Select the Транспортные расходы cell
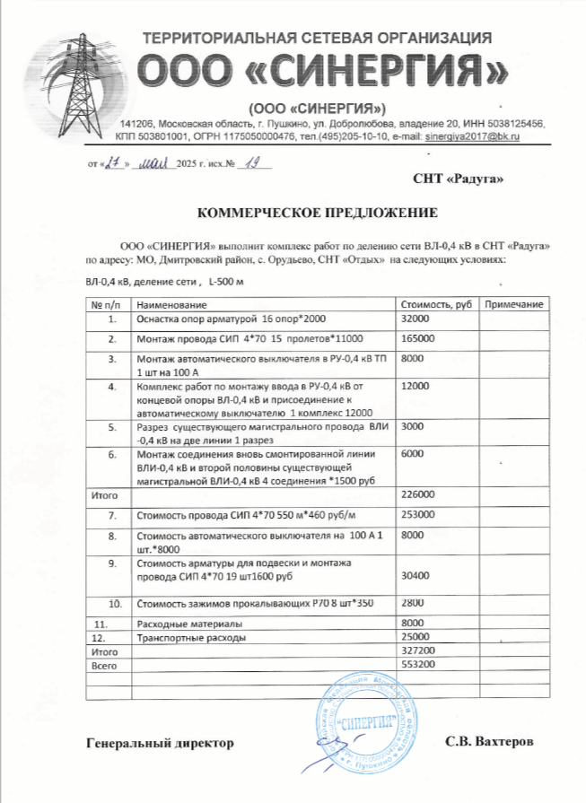coord(188,637)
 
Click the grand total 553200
coord(420,664)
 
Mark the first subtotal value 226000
coord(420,495)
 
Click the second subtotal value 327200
coord(420,650)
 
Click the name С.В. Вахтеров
coord(489,743)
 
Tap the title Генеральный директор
coord(159,743)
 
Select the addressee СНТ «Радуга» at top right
coord(459,179)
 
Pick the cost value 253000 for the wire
coord(420,516)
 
